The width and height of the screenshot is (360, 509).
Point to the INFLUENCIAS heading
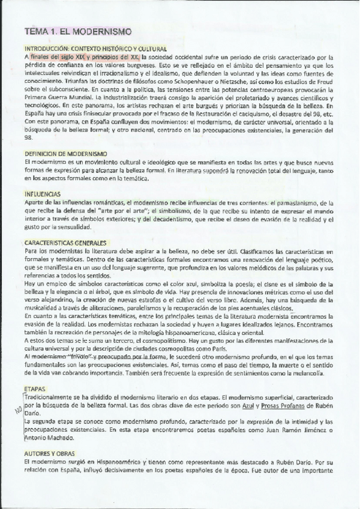(42, 194)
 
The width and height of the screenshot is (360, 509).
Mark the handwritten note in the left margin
(17, 411)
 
